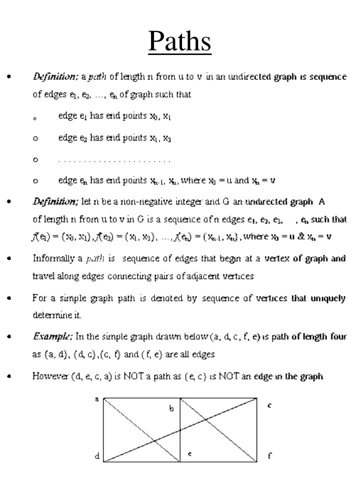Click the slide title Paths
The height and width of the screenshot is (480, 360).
click(x=179, y=41)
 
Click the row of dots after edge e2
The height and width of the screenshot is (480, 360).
click(x=114, y=161)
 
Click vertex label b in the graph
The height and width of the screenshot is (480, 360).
click(x=171, y=408)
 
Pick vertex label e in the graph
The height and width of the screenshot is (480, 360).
click(x=189, y=453)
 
